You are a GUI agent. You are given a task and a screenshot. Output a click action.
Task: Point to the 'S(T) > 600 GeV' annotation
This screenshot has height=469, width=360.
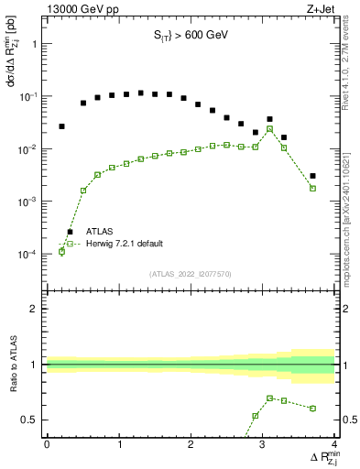191,36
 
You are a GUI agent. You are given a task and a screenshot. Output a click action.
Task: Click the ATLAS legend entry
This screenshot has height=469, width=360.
101,232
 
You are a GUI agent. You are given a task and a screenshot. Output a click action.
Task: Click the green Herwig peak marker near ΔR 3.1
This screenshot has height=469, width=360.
269,129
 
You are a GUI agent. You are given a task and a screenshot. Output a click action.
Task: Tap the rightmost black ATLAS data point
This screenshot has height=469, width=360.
313,176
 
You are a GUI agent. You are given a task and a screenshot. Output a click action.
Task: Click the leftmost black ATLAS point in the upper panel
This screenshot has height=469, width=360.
61,126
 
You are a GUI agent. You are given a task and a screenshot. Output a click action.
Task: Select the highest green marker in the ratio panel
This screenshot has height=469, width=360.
269,398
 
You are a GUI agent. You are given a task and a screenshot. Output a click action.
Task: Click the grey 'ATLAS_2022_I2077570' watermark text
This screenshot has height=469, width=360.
191,273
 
